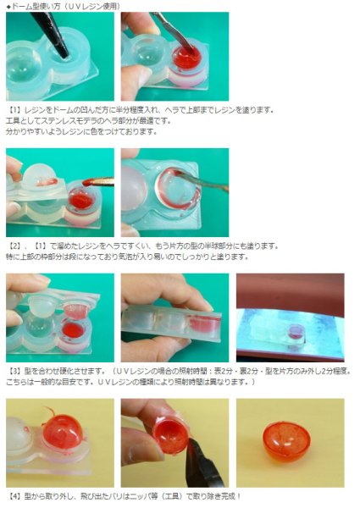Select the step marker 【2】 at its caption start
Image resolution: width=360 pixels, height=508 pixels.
15,246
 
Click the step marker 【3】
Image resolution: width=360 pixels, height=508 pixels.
15,371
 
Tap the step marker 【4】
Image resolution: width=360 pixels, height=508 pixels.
15,494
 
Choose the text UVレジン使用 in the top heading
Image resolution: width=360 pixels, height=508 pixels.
107,6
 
